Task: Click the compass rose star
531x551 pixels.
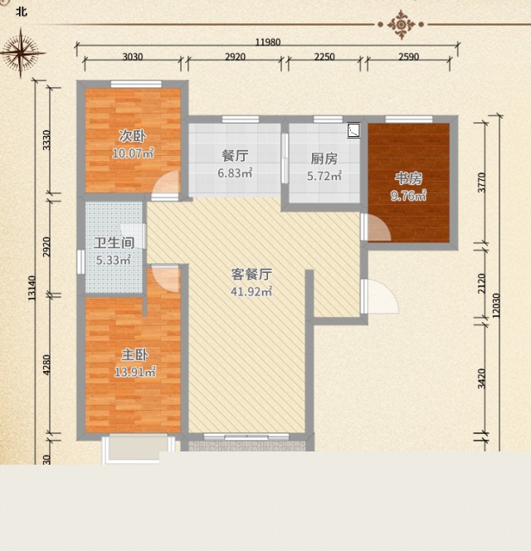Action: click(22, 53)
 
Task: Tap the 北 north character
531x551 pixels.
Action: click(22, 12)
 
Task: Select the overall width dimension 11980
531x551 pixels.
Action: click(268, 42)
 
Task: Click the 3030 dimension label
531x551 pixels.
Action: click(133, 56)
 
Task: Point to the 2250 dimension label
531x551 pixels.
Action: click(324, 56)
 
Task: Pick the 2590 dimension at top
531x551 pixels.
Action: click(409, 56)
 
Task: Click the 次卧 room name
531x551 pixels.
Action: click(132, 136)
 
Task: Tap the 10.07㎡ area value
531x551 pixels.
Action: click(134, 154)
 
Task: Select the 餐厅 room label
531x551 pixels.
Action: click(235, 155)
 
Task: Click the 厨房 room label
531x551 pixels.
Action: click(324, 158)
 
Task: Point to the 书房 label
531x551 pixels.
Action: click(408, 178)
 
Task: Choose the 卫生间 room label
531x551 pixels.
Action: click(114, 243)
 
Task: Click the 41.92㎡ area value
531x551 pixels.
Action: click(251, 291)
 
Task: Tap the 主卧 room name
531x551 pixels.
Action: click(134, 355)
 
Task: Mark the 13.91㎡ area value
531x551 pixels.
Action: click(135, 372)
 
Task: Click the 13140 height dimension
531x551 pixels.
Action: click(32, 288)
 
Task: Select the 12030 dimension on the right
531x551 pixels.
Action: click(496, 305)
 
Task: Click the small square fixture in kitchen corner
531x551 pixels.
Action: click(353, 130)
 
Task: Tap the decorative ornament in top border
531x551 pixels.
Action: click(401, 25)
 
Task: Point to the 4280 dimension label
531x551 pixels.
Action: click(46, 365)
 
